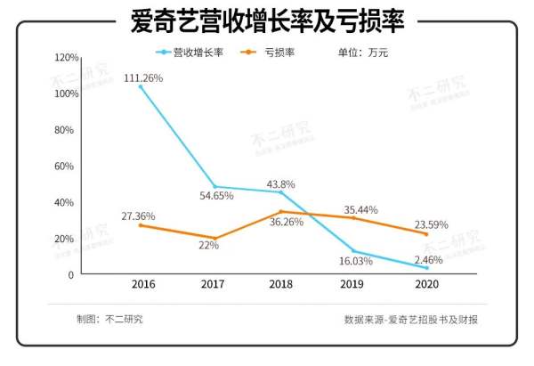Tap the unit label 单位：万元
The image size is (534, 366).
pyautogui.click(x=363, y=53)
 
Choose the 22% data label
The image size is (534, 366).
pyautogui.click(x=208, y=246)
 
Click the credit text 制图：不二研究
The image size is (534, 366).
pyautogui.click(x=109, y=319)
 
